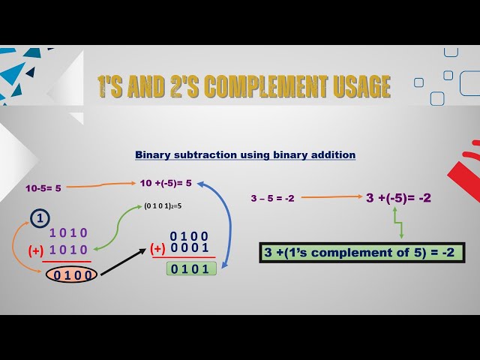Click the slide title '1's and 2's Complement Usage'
(244, 86)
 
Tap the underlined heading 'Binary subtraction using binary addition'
(245, 155)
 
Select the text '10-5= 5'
(43, 188)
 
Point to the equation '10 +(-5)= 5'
(166, 182)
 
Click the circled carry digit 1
(40, 220)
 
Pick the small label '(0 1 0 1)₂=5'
(163, 205)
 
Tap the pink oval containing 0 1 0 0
(72, 275)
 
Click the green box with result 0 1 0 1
(190, 268)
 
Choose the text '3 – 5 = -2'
(272, 199)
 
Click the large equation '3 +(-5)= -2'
(398, 198)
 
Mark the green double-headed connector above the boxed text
(397, 223)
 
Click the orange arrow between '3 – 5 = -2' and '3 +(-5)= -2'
(330, 198)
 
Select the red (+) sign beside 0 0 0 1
(157, 248)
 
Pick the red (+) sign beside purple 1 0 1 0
(35, 250)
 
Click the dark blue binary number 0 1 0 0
(189, 236)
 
